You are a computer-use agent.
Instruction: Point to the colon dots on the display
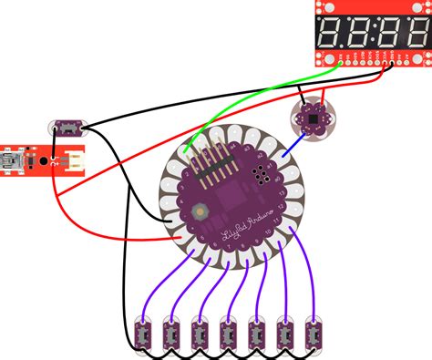[373, 35]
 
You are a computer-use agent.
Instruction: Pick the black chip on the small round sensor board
[314, 118]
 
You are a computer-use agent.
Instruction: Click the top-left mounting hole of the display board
[321, 5]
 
